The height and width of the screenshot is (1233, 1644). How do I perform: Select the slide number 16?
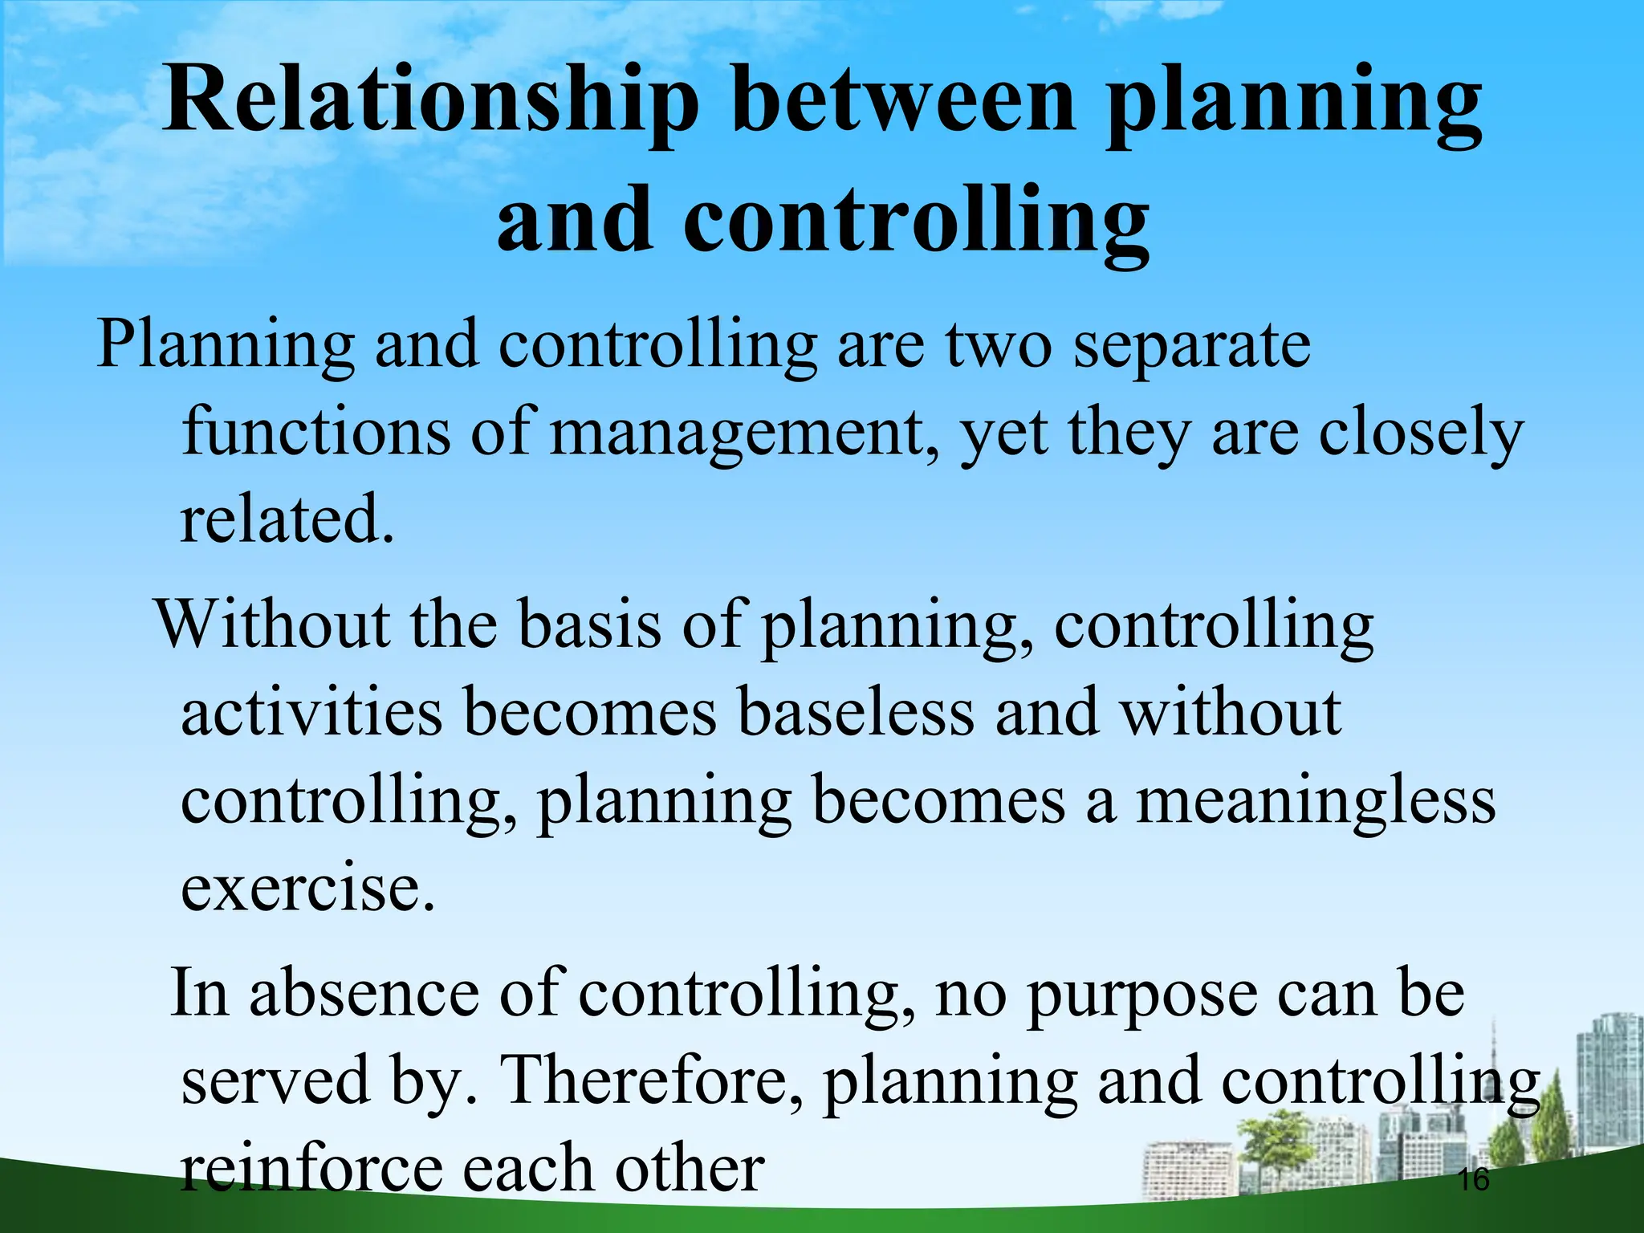(x=1473, y=1179)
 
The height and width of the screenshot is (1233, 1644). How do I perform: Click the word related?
(x=287, y=520)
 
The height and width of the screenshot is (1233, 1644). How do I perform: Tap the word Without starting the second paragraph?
(x=272, y=625)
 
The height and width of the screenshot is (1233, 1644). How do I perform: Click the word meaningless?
(x=1316, y=801)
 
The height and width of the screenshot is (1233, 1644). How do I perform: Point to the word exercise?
(x=307, y=889)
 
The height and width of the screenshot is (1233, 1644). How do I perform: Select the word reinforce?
(x=311, y=1169)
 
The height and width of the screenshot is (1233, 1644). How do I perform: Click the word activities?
(x=311, y=713)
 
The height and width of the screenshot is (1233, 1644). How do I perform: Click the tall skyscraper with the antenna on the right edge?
(x=1609, y=1076)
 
